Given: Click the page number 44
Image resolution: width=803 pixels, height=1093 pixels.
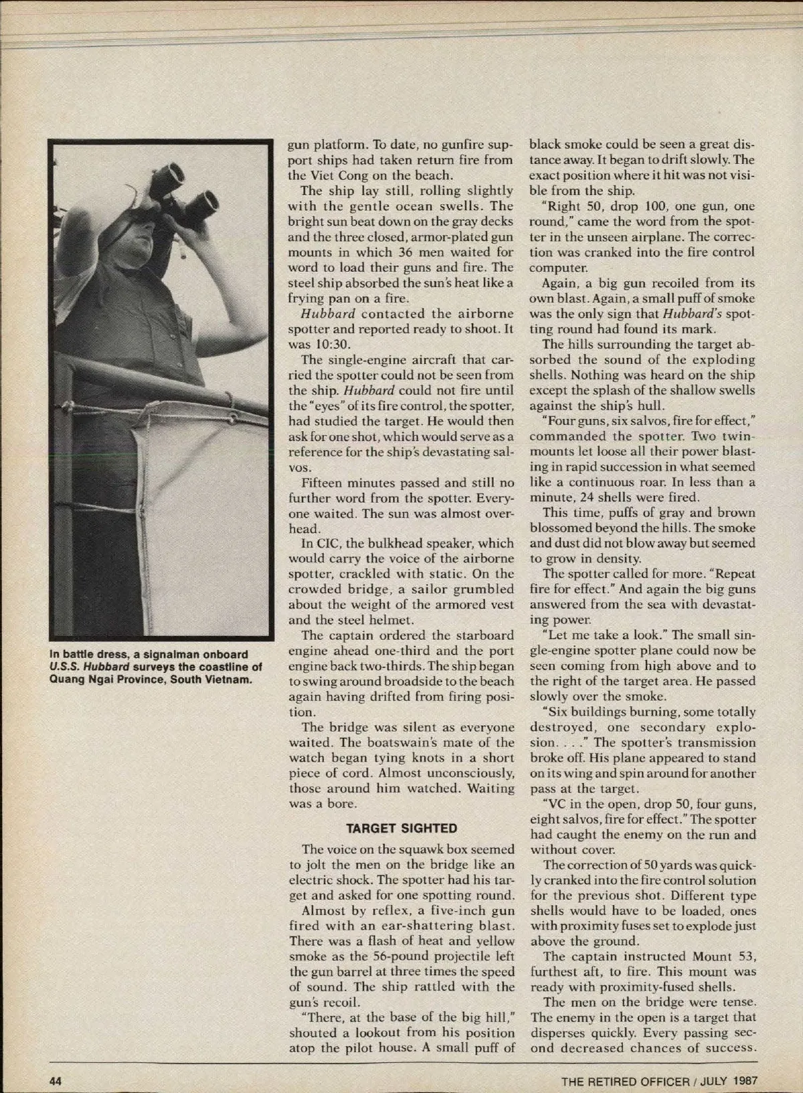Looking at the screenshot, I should tap(54, 1080).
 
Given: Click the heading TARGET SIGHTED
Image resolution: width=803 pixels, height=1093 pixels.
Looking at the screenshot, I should tap(401, 828).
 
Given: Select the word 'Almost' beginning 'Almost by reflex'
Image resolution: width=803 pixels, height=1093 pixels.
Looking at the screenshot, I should tap(323, 911).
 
